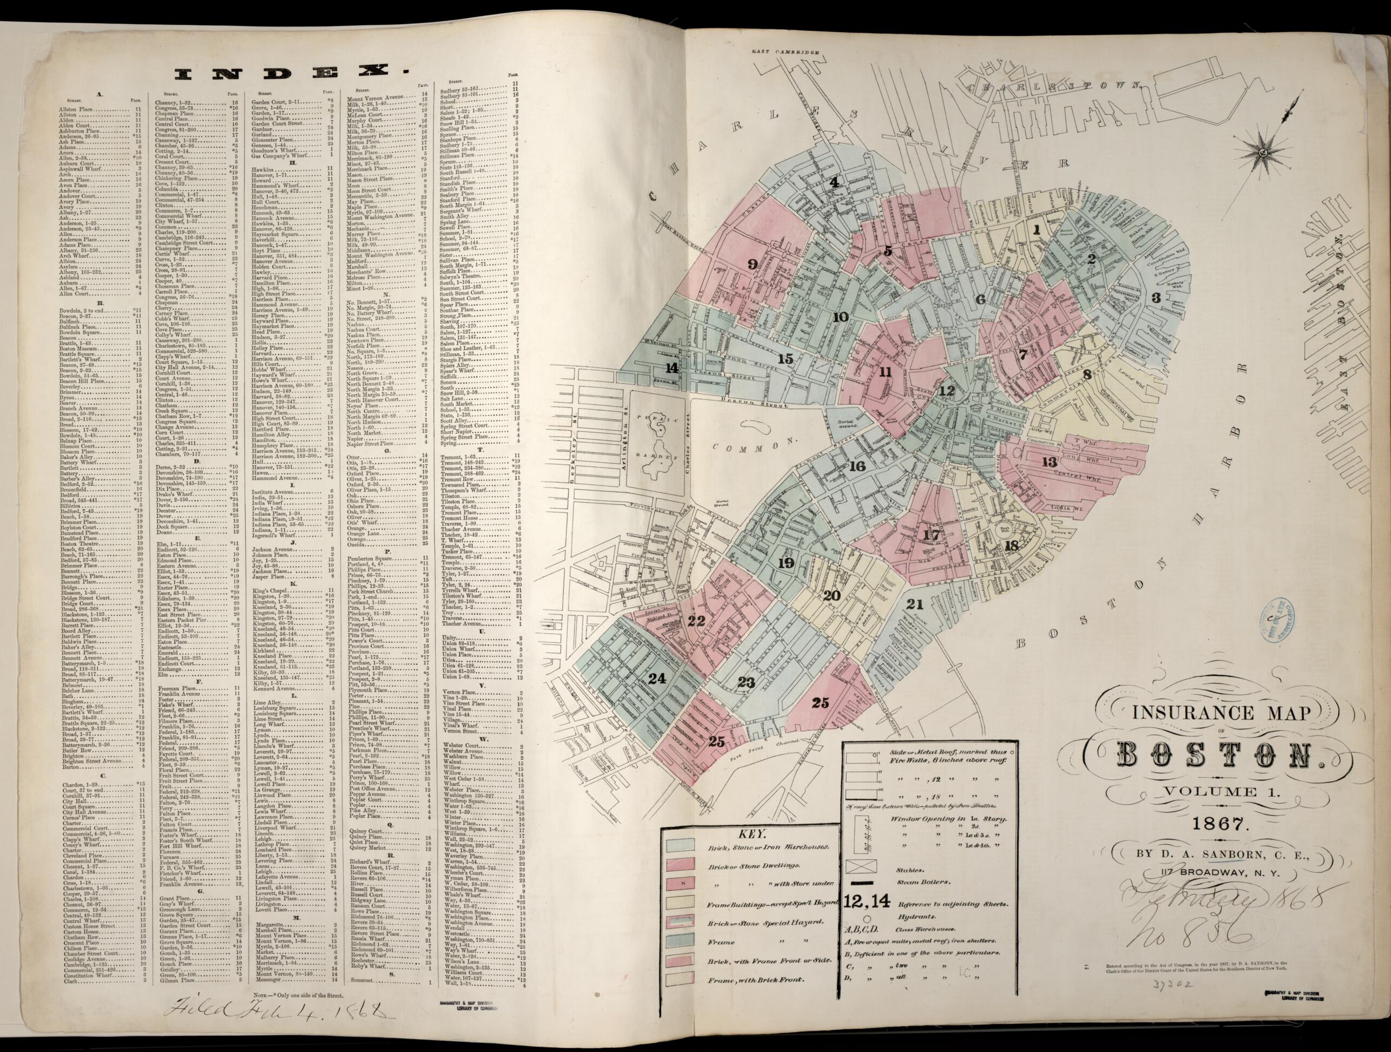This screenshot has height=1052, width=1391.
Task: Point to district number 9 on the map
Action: [x=753, y=265]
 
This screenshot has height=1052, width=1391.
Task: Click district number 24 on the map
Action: [x=657, y=678]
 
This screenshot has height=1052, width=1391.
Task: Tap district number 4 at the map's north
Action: [x=834, y=183]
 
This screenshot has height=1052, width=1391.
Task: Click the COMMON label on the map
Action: [x=748, y=446]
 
